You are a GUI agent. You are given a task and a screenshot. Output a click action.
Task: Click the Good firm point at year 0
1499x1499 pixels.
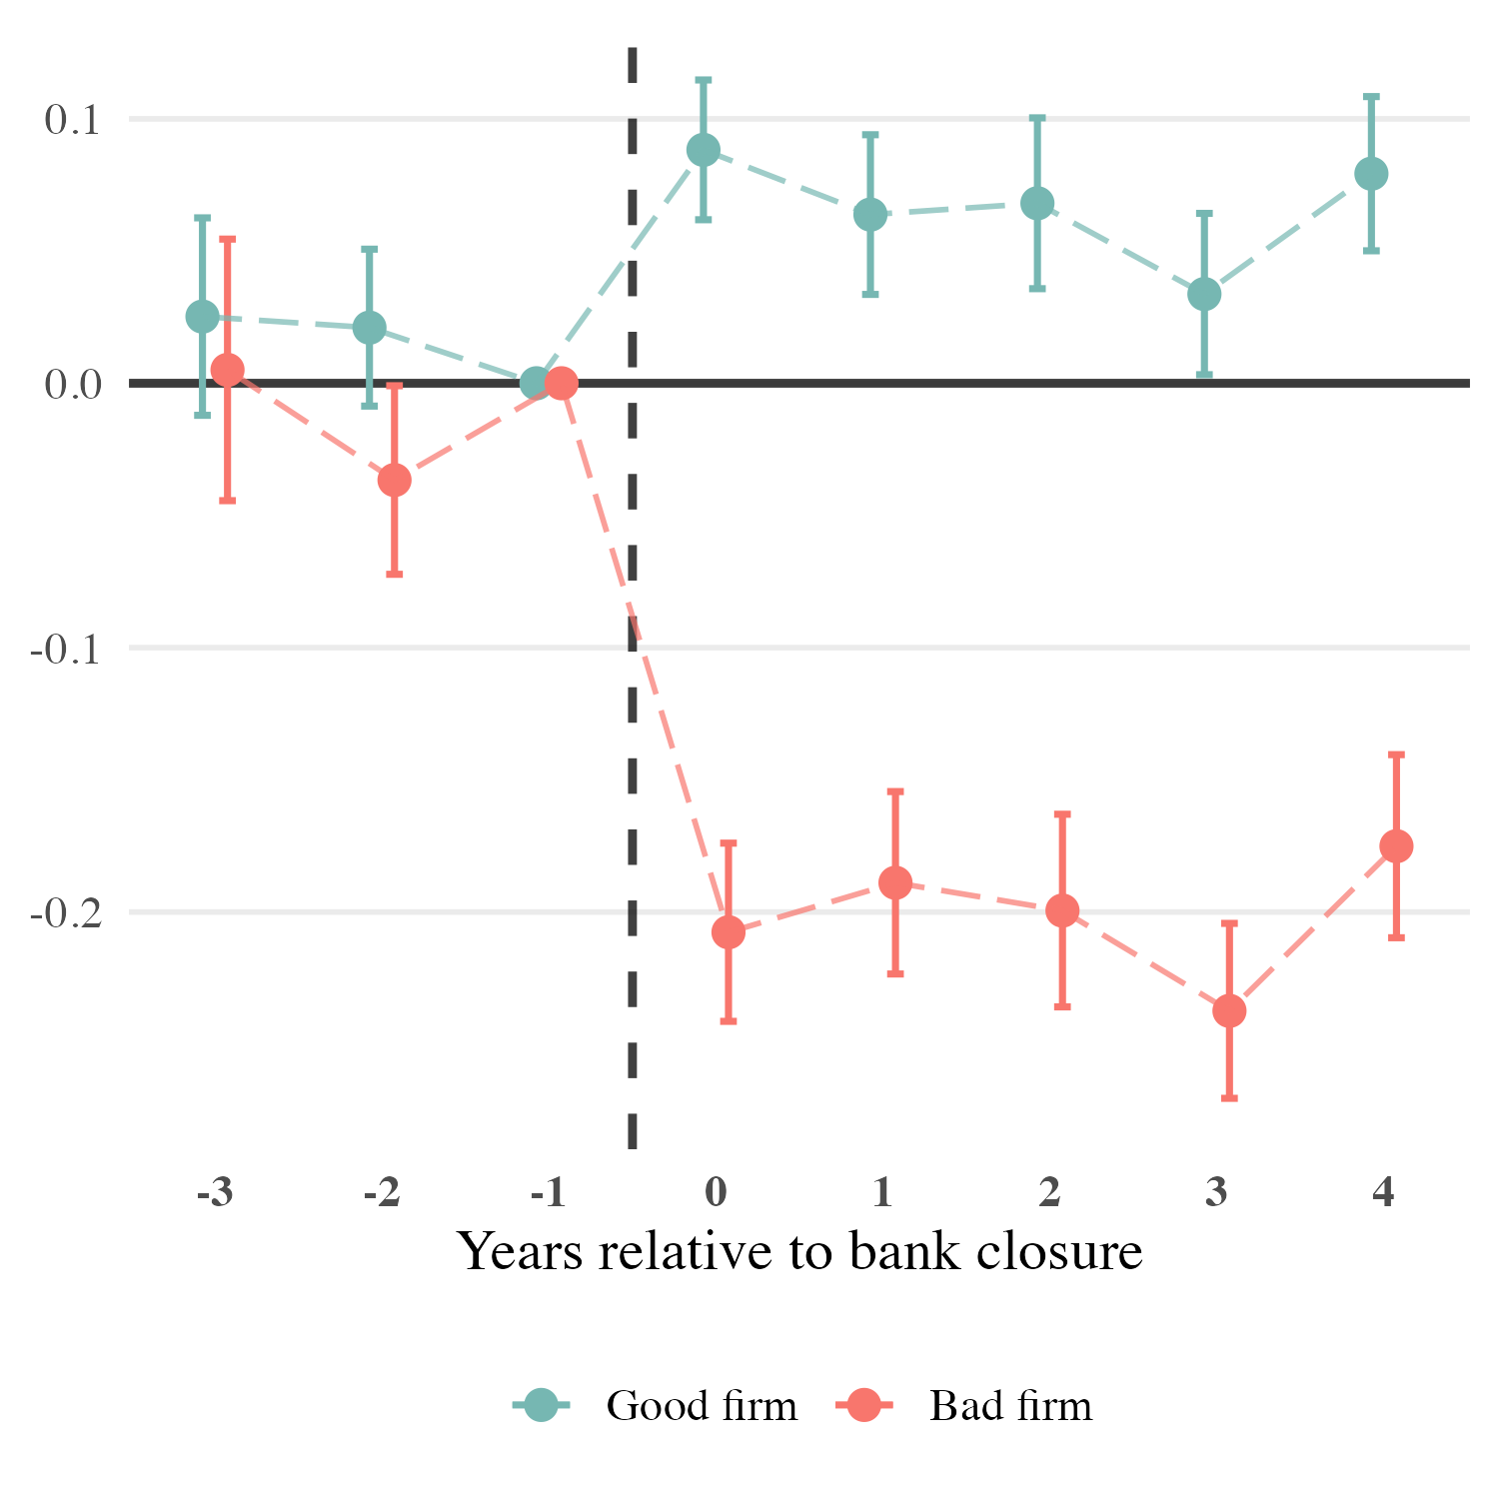tap(704, 151)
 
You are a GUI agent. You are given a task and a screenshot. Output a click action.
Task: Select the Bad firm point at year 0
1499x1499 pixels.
tap(729, 932)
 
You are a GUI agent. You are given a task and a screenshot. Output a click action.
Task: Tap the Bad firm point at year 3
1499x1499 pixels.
tap(1229, 1010)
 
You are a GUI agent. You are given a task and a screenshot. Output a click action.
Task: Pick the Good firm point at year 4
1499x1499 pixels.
tap(1371, 174)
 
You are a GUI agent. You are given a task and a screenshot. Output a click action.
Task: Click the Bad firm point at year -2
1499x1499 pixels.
tap(395, 481)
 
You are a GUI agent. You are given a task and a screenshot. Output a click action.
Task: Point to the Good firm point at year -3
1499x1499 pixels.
tap(202, 317)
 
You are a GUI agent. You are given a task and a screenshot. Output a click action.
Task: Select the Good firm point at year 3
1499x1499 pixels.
tap(1204, 295)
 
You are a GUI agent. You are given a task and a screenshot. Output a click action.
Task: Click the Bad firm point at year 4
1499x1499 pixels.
tap(1396, 846)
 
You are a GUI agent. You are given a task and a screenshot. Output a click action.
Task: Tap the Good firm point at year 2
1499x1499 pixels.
tap(1037, 204)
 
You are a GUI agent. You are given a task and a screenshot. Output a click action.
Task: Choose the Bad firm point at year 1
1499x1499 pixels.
tap(895, 882)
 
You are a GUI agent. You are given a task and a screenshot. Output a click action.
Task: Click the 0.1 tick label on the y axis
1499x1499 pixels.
tap(73, 120)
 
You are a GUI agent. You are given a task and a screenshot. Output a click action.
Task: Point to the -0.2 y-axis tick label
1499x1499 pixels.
tap(66, 912)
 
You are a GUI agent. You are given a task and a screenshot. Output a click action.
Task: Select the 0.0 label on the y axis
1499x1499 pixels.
tap(73, 384)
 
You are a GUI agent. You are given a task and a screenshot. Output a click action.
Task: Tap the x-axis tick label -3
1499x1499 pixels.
tap(215, 1192)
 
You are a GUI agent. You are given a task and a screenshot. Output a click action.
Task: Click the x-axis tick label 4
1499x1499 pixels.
tap(1384, 1192)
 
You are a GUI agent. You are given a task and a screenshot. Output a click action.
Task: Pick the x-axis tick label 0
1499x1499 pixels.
tap(716, 1192)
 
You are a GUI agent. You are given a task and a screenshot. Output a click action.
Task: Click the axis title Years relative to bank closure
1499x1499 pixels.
tap(799, 1251)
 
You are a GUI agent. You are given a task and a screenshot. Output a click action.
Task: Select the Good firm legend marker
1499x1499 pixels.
tap(542, 1405)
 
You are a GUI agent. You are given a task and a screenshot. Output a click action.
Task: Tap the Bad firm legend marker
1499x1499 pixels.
tap(864, 1405)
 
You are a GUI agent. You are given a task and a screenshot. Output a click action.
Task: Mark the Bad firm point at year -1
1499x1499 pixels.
tap(562, 383)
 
